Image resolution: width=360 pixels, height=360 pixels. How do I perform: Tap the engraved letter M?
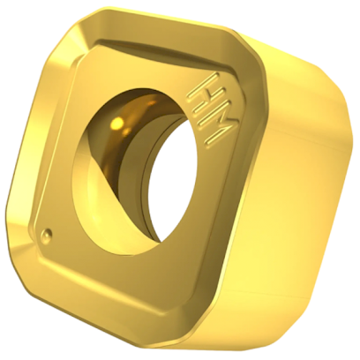coord(214,129)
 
